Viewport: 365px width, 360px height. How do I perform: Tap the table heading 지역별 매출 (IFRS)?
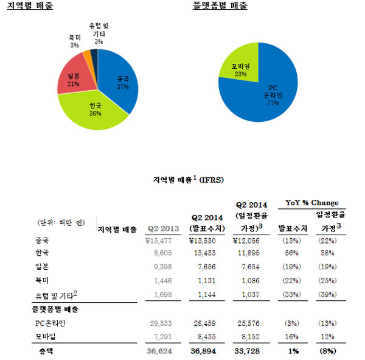182,180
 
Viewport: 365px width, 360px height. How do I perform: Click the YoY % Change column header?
312,203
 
